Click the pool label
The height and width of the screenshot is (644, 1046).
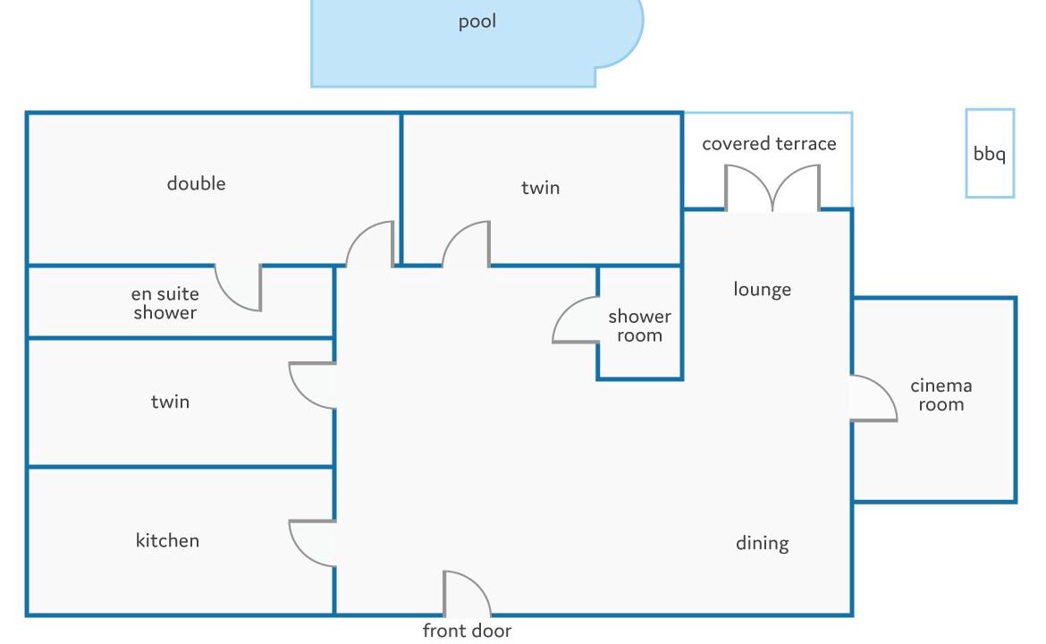pyautogui.click(x=477, y=22)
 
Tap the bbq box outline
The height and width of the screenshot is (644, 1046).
pyautogui.click(x=966, y=154)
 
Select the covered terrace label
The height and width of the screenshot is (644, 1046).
pyautogui.click(x=769, y=143)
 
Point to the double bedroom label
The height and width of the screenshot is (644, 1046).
pyautogui.click(x=196, y=183)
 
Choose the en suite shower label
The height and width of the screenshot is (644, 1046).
pyautogui.click(x=164, y=303)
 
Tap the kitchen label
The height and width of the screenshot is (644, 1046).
pyautogui.click(x=167, y=540)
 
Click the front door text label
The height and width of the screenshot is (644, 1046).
pyautogui.click(x=467, y=631)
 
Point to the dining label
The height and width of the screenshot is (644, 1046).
pyautogui.click(x=762, y=543)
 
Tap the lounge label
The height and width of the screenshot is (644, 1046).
pyautogui.click(x=762, y=290)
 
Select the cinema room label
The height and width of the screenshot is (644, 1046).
pyautogui.click(x=941, y=394)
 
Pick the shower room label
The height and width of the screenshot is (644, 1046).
pyautogui.click(x=639, y=326)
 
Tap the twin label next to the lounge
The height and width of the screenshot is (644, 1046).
pyautogui.click(x=540, y=188)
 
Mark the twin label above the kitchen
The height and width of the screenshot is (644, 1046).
pyautogui.click(x=170, y=401)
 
